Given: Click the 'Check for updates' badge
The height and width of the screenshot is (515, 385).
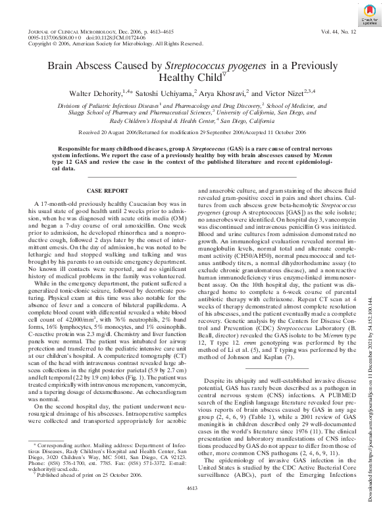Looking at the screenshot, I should point(361,16).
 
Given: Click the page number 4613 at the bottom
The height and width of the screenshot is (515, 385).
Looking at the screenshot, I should point(192,505).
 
